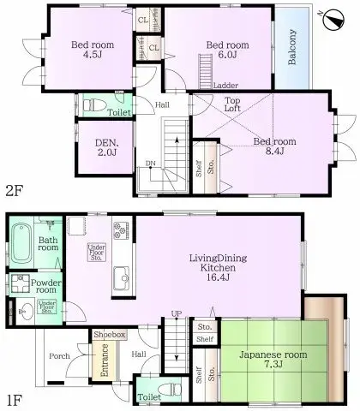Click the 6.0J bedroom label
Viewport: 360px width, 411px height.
tap(226, 50)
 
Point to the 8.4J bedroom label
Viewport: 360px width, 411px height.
tap(279, 146)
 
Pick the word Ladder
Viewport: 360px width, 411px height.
tap(226, 86)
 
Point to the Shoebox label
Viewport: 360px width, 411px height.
tap(111, 334)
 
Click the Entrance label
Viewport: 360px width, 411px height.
tap(104, 360)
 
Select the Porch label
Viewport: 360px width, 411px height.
tap(59, 356)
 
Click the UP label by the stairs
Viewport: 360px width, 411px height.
tap(176, 313)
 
